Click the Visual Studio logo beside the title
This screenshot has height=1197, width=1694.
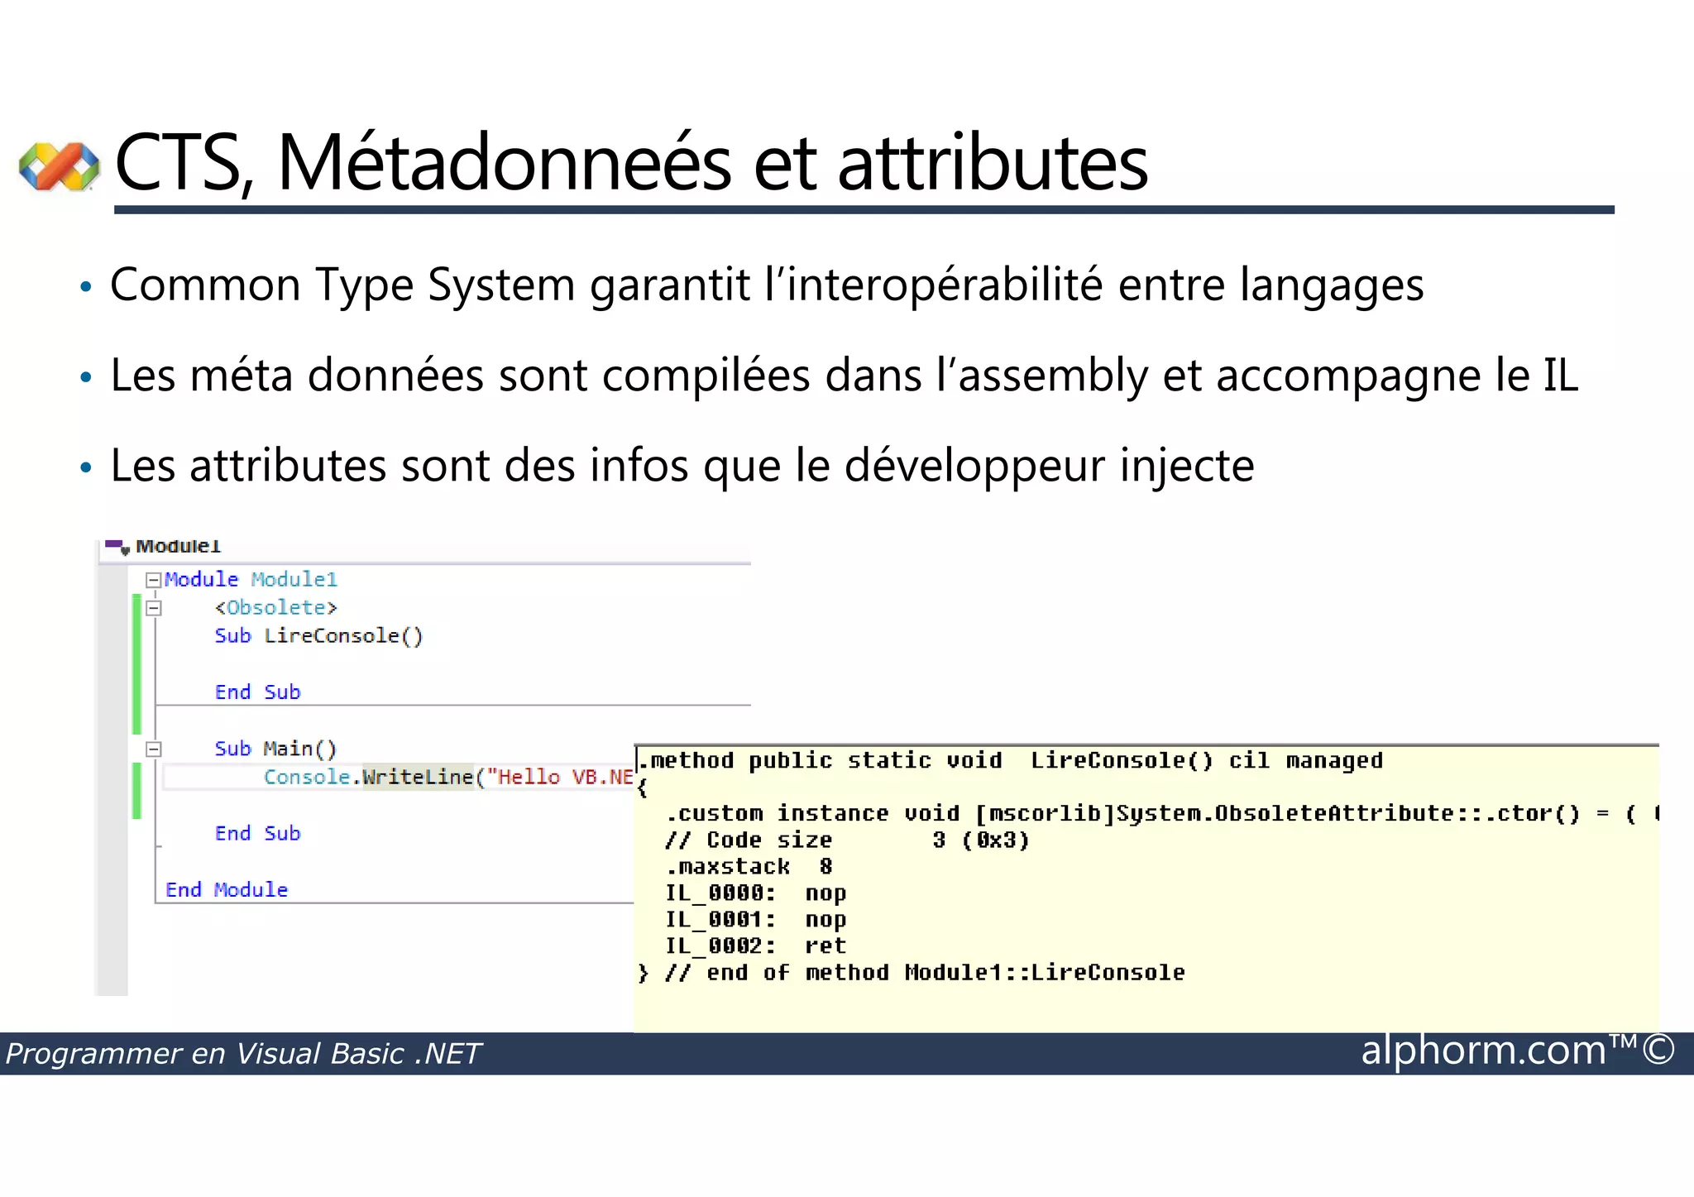click(60, 166)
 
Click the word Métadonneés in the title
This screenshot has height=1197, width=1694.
click(505, 163)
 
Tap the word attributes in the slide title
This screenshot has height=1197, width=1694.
click(993, 163)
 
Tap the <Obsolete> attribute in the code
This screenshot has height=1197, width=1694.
click(276, 608)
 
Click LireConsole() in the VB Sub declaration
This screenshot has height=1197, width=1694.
click(343, 636)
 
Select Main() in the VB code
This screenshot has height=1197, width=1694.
click(300, 749)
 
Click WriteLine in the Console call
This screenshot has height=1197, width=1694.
click(418, 778)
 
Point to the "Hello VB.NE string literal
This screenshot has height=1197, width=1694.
click(560, 778)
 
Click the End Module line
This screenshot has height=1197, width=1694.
click(227, 890)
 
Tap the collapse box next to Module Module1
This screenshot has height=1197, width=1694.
click(153, 581)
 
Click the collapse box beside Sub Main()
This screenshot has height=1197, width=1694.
click(153, 749)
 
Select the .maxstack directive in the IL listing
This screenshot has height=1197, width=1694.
click(728, 867)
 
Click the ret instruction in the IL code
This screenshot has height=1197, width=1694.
click(825, 946)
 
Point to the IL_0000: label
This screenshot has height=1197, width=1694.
click(720, 893)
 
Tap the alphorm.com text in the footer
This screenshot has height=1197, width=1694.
click(1484, 1051)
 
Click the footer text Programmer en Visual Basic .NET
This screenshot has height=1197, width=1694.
click(243, 1054)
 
